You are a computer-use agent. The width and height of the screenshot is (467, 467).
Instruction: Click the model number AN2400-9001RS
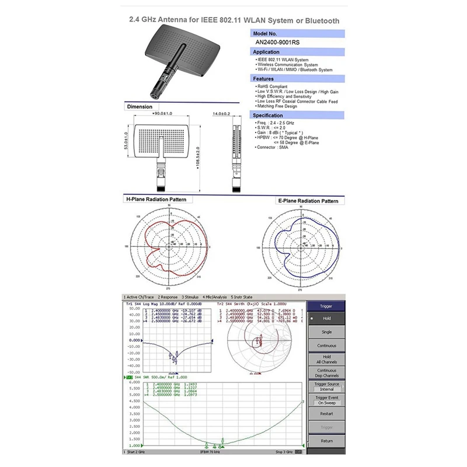(278, 42)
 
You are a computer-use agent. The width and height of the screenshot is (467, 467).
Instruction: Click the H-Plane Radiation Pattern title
(156, 200)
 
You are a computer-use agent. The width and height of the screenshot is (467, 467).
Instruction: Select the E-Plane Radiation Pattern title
(307, 201)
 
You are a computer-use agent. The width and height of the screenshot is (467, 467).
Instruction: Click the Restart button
(326, 413)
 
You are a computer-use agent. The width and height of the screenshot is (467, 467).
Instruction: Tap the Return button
(326, 441)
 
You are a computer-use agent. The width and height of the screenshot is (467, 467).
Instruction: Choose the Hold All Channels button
(326, 359)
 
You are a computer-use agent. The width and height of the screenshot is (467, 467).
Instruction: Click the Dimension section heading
(140, 107)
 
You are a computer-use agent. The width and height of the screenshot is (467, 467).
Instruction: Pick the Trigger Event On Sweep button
(326, 400)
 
